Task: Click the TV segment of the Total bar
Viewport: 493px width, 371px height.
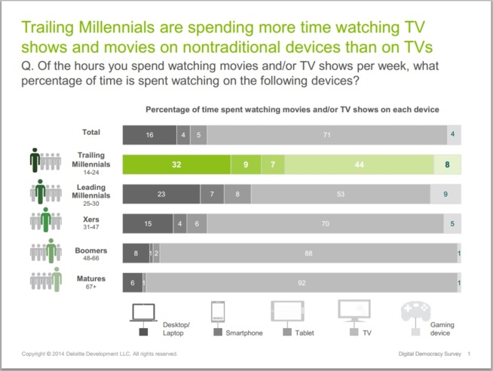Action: point(326,135)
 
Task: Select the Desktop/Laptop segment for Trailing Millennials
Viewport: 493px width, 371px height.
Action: point(176,164)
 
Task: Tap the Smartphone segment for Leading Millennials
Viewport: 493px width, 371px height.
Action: point(213,193)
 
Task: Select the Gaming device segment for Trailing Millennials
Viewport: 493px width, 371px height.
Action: point(448,164)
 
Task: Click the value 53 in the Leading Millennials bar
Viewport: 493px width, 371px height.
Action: point(340,193)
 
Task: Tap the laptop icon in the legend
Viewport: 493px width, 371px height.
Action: point(143,311)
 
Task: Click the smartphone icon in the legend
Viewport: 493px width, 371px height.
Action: point(218,311)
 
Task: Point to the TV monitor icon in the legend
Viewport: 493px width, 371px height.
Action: point(354,311)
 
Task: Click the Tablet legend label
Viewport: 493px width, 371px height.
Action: point(305,332)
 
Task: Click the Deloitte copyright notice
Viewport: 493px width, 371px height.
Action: point(100,354)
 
